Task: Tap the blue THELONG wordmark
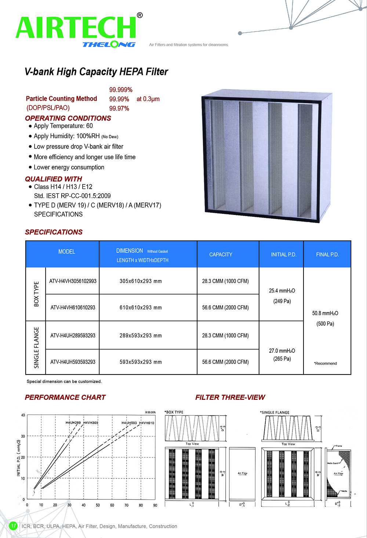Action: [x=109, y=44]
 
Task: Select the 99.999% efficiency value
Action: [x=121, y=90]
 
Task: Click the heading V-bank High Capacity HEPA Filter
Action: [x=96, y=72]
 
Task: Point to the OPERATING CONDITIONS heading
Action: [x=68, y=118]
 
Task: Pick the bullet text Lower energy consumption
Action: [x=69, y=167]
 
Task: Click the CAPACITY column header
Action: [x=221, y=254]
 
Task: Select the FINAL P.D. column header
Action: [x=327, y=254]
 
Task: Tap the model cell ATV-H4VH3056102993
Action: [x=73, y=281]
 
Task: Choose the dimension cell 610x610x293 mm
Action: [x=141, y=308]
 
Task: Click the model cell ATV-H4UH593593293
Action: [x=73, y=362]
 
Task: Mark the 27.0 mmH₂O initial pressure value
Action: [x=282, y=351]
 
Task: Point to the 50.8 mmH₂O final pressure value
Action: [x=325, y=313]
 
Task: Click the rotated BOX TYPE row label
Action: [x=36, y=294]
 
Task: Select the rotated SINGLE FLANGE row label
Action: [x=36, y=348]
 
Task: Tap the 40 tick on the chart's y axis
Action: [x=23, y=415]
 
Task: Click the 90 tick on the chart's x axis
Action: [x=155, y=505]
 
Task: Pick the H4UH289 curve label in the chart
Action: [x=73, y=423]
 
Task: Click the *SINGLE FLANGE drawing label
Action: [x=275, y=412]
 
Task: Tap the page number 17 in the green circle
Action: [x=13, y=526]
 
